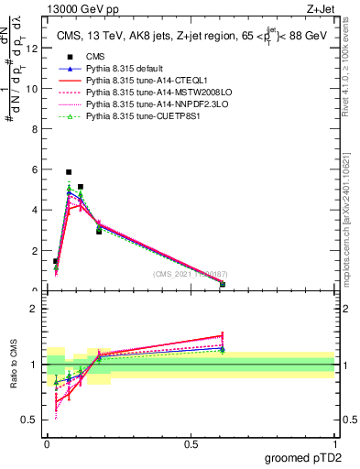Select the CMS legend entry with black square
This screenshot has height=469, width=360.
coord(97,56)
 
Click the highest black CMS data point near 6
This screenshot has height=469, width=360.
coord(69,171)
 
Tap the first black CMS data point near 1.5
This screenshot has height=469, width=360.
coord(55,261)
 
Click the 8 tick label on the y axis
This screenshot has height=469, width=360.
coord(35,129)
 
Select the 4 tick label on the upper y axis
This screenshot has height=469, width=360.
coord(35,210)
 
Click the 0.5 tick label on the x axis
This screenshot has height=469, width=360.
coord(191,444)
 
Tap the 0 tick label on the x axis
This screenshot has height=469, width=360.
coord(47,444)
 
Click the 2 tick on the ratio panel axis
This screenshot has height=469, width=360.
coord(35,308)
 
